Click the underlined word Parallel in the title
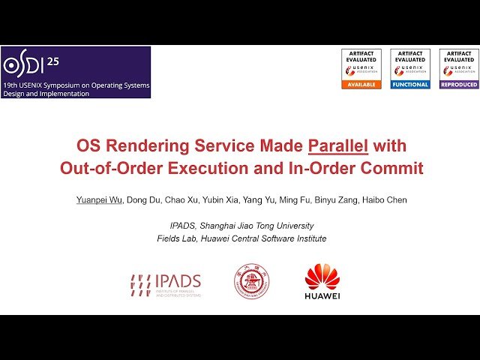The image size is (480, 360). point(338,145)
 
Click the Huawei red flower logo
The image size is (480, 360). point(322,276)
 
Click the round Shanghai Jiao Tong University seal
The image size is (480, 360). point(252,282)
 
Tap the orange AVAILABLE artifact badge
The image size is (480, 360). point(361,85)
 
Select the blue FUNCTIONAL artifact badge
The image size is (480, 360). point(410,85)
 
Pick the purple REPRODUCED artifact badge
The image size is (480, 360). point(459,85)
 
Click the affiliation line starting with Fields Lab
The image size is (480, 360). point(241,238)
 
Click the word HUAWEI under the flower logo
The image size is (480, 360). point(322,295)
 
